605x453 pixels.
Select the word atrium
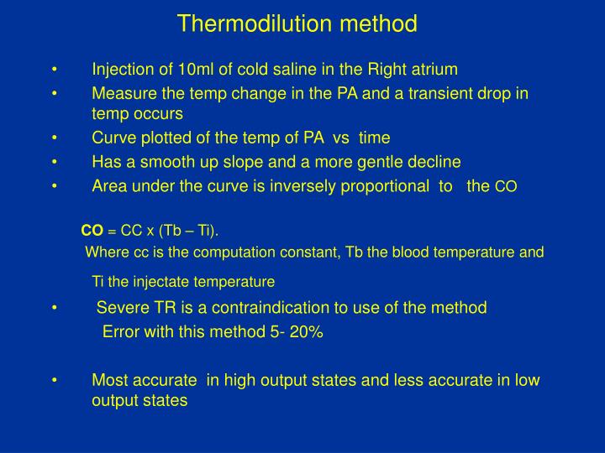[x=434, y=69]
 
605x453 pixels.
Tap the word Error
[x=123, y=331]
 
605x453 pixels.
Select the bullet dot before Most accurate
[x=55, y=380]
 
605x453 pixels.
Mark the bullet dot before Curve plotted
[x=55, y=138]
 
